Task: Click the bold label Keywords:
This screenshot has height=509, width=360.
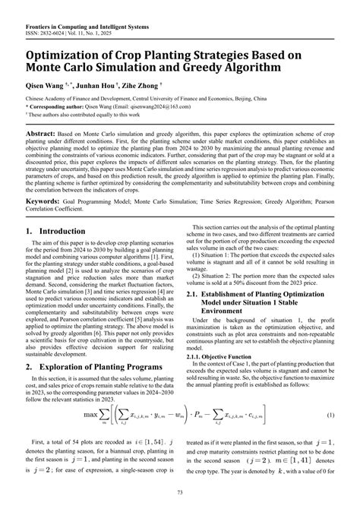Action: (45, 203)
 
